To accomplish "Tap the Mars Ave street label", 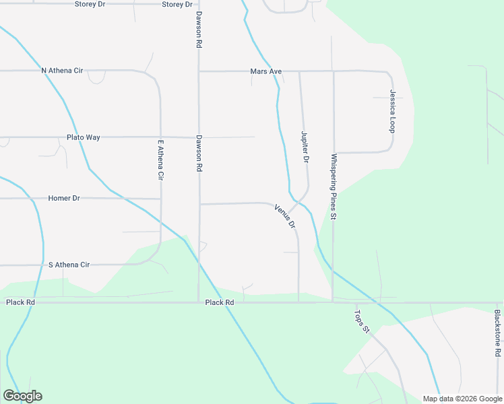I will [265, 71].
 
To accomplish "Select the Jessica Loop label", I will [391, 110].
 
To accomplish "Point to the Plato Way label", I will [84, 137].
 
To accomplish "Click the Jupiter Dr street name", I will [305, 147].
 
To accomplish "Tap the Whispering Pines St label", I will [333, 187].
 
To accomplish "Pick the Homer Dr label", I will [64, 199].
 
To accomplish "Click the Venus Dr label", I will [286, 217].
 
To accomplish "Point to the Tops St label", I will [363, 318].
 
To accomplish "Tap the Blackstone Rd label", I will [497, 333].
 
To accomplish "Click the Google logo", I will [22, 396].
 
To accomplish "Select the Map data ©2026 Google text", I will [462, 399].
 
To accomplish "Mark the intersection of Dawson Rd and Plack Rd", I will [198, 302].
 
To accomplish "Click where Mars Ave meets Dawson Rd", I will [198, 71].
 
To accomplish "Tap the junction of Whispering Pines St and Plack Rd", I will [333, 302].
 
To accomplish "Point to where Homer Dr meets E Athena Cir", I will [160, 199].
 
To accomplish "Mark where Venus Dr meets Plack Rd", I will [298, 302].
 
